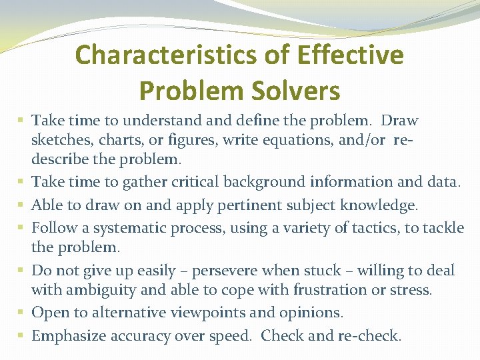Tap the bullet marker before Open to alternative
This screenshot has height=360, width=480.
23,312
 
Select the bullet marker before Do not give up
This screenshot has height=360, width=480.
23,270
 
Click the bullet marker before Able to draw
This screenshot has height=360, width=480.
23,204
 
